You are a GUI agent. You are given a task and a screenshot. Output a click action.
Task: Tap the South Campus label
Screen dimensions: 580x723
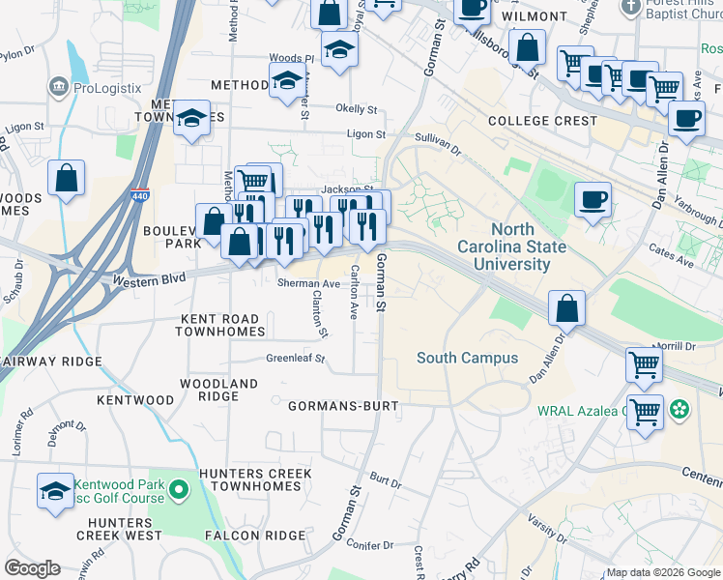click(x=460, y=358)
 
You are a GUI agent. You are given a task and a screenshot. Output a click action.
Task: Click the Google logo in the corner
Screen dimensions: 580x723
click(x=32, y=568)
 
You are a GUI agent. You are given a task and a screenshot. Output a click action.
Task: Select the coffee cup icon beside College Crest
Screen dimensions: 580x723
click(x=686, y=120)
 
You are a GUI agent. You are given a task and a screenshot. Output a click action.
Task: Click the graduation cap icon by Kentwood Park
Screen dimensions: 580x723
click(x=56, y=491)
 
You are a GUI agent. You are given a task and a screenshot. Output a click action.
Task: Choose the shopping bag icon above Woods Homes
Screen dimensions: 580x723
click(x=66, y=178)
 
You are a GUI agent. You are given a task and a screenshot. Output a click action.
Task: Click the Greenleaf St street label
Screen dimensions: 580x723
click(x=296, y=359)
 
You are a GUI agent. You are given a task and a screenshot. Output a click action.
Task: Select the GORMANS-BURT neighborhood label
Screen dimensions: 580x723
click(x=343, y=407)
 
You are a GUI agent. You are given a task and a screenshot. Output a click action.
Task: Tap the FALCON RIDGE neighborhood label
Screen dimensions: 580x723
click(x=246, y=536)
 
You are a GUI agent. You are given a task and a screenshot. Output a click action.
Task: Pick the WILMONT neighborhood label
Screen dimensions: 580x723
click(x=535, y=16)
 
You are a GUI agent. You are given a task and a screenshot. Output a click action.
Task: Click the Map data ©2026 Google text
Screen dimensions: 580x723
click(x=661, y=572)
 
